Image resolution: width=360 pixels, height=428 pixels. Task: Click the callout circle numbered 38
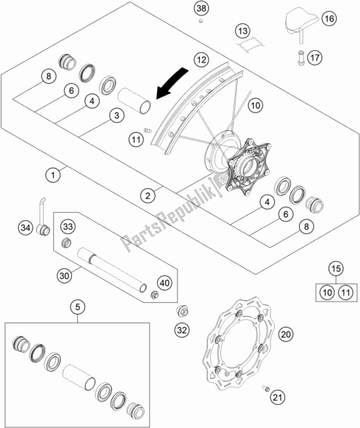pos(201,8)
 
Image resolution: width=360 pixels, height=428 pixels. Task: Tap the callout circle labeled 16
pos(329,18)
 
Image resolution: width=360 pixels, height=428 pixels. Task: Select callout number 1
pos(52,174)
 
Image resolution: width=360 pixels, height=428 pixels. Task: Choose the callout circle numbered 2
pos(148,195)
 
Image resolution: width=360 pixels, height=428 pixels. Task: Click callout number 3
pos(115,114)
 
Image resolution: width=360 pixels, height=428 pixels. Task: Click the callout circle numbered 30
pos(65,275)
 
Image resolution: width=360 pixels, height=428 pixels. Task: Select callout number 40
pos(164,283)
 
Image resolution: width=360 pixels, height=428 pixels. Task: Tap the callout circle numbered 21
pos(277,396)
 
